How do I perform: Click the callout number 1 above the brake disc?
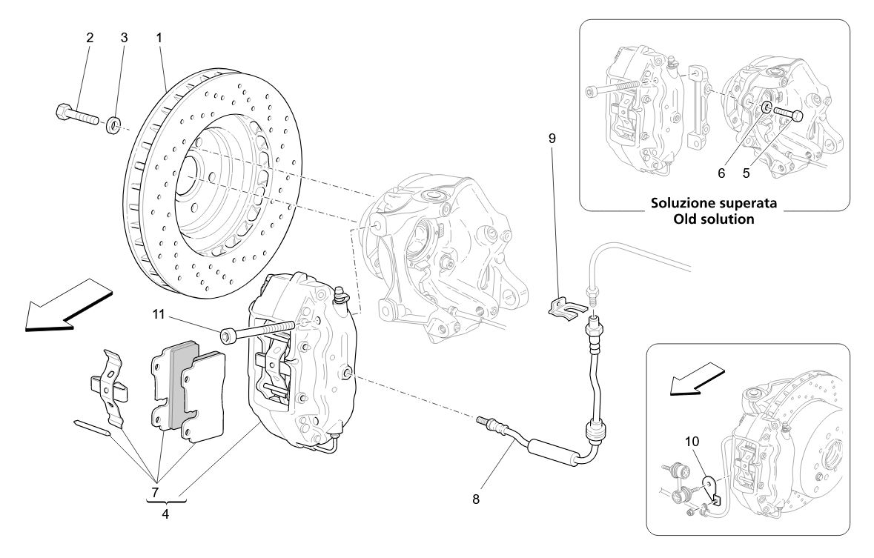[x=159, y=37]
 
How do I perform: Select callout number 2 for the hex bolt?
[x=90, y=37]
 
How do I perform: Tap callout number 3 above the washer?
[x=124, y=37]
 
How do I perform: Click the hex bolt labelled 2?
[x=74, y=116]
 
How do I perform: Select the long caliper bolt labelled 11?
[x=259, y=331]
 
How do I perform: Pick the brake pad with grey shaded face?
[x=185, y=385]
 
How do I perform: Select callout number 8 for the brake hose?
[x=475, y=499]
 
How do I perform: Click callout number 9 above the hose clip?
[x=552, y=139]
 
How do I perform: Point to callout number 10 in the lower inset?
[x=692, y=440]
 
